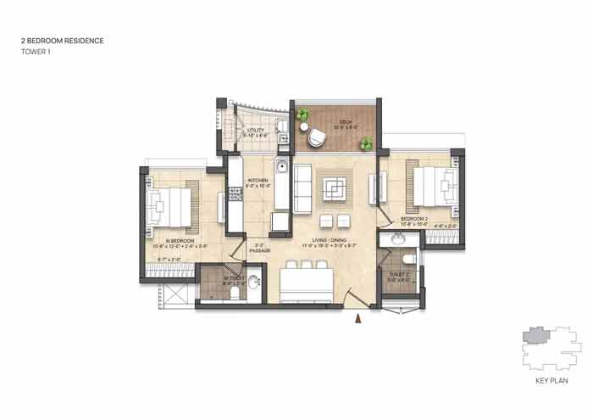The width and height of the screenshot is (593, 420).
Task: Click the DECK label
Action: pyautogui.click(x=346, y=121)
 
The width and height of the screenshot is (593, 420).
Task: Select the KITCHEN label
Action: pyautogui.click(x=257, y=181)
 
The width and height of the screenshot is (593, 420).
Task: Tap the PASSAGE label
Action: pyautogui.click(x=261, y=251)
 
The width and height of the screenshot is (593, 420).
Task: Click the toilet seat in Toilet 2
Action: pyautogui.click(x=408, y=259)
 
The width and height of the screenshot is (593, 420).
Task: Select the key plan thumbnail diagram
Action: pyautogui.click(x=548, y=348)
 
